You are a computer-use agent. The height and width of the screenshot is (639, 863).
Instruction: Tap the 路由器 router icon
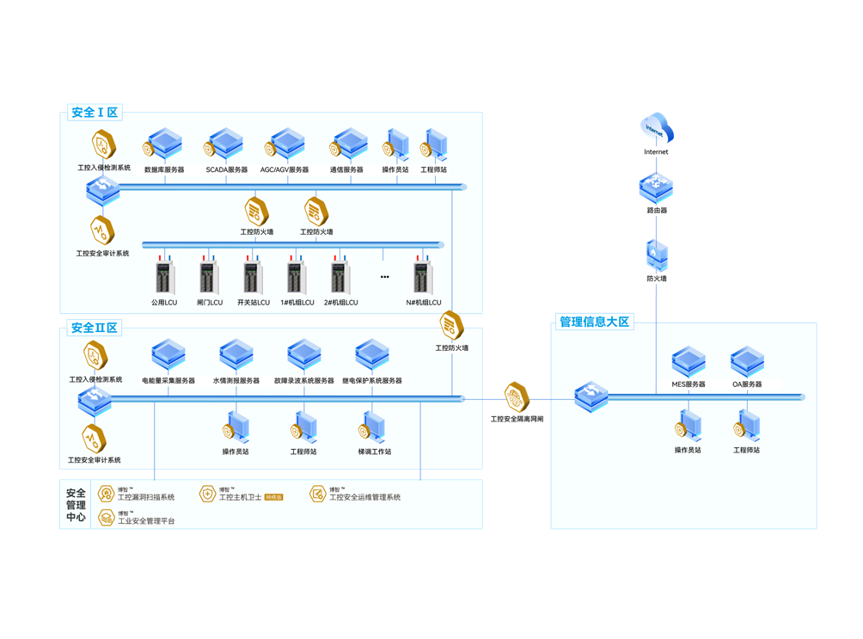656,187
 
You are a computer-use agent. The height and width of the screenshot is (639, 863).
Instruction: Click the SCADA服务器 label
227,170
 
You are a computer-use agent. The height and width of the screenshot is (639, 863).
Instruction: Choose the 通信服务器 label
346,170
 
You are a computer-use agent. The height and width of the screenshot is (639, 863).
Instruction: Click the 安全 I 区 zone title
95,113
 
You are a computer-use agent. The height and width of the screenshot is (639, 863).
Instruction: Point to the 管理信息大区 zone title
595,323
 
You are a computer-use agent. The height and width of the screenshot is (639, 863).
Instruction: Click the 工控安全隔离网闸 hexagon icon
517,397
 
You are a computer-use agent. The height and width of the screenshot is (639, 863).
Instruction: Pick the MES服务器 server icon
689,362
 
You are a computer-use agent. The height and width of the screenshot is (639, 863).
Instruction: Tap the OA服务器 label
747,384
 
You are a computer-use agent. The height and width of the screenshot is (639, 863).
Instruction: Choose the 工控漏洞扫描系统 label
146,497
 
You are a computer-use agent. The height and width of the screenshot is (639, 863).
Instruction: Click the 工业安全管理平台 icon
106,517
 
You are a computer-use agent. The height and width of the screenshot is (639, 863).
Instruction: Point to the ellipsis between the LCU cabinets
384,277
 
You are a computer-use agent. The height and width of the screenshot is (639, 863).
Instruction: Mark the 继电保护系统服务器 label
372,380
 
